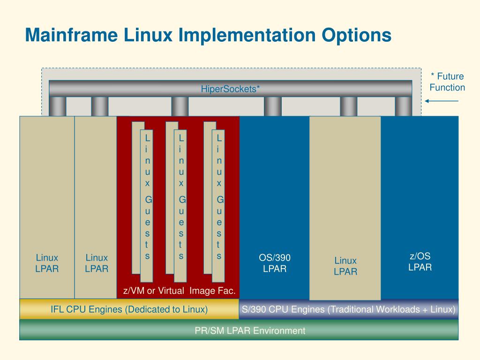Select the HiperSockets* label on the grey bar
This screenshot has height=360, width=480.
coord(230,89)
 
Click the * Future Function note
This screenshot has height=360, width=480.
coord(447,82)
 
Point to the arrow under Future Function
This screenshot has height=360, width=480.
coord(442,101)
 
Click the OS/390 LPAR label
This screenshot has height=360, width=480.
coord(275,263)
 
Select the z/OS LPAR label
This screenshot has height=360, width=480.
coord(420,262)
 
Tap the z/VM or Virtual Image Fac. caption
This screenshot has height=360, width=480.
coord(179,291)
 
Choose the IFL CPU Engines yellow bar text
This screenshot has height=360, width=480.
coord(129,309)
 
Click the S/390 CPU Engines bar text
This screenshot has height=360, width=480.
coord(348,309)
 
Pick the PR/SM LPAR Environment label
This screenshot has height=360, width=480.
coord(250,330)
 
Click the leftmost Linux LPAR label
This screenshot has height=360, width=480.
coord(47,263)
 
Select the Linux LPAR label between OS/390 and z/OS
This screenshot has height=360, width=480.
coord(345,266)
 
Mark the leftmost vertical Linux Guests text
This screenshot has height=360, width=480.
coord(148,197)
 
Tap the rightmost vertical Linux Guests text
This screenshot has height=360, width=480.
coord(219,197)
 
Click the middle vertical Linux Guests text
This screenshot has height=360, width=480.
coord(181,197)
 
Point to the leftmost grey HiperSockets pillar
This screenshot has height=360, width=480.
coord(58,106)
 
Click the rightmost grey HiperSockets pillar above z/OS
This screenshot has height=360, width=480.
coord(403,106)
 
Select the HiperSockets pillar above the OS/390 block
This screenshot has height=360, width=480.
coord(273,106)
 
